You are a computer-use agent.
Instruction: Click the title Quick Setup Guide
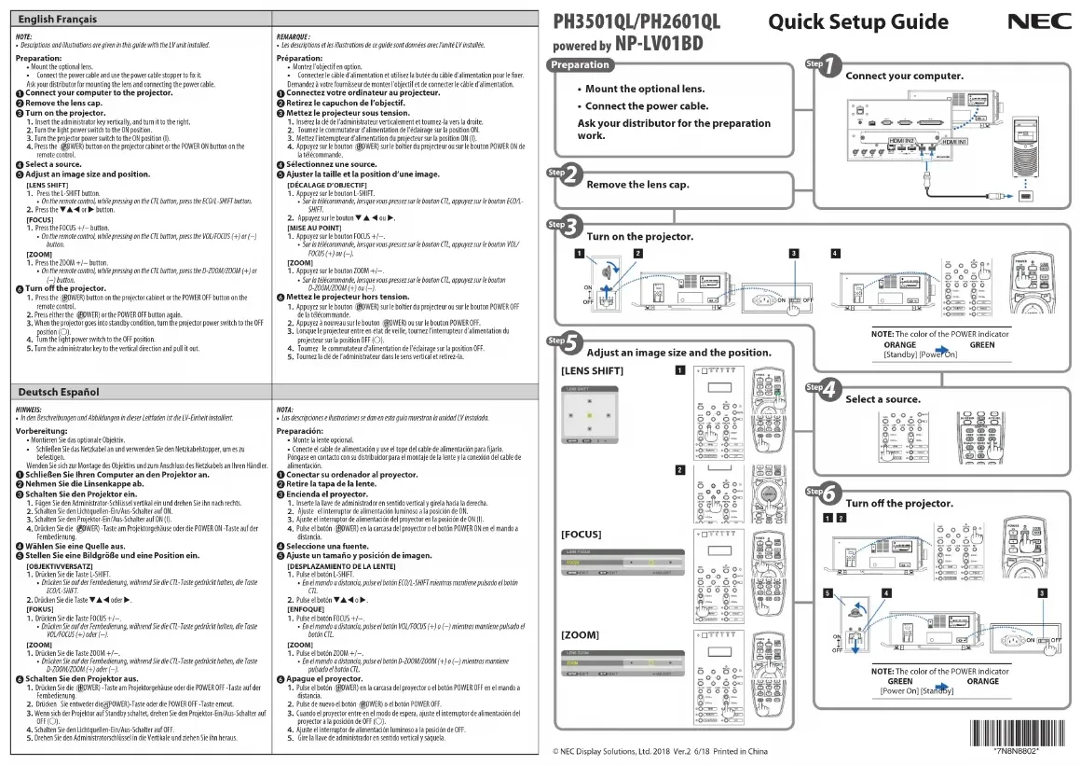coord(858,21)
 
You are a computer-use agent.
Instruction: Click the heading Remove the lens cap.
coord(637,185)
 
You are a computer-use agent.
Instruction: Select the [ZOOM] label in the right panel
coord(579,634)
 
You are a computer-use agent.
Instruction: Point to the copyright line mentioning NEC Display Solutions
coord(660,751)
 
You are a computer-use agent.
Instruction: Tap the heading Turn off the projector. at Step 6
coord(899,504)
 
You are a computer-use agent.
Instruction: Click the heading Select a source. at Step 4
coord(882,399)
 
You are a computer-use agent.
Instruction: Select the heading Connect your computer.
coord(904,76)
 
